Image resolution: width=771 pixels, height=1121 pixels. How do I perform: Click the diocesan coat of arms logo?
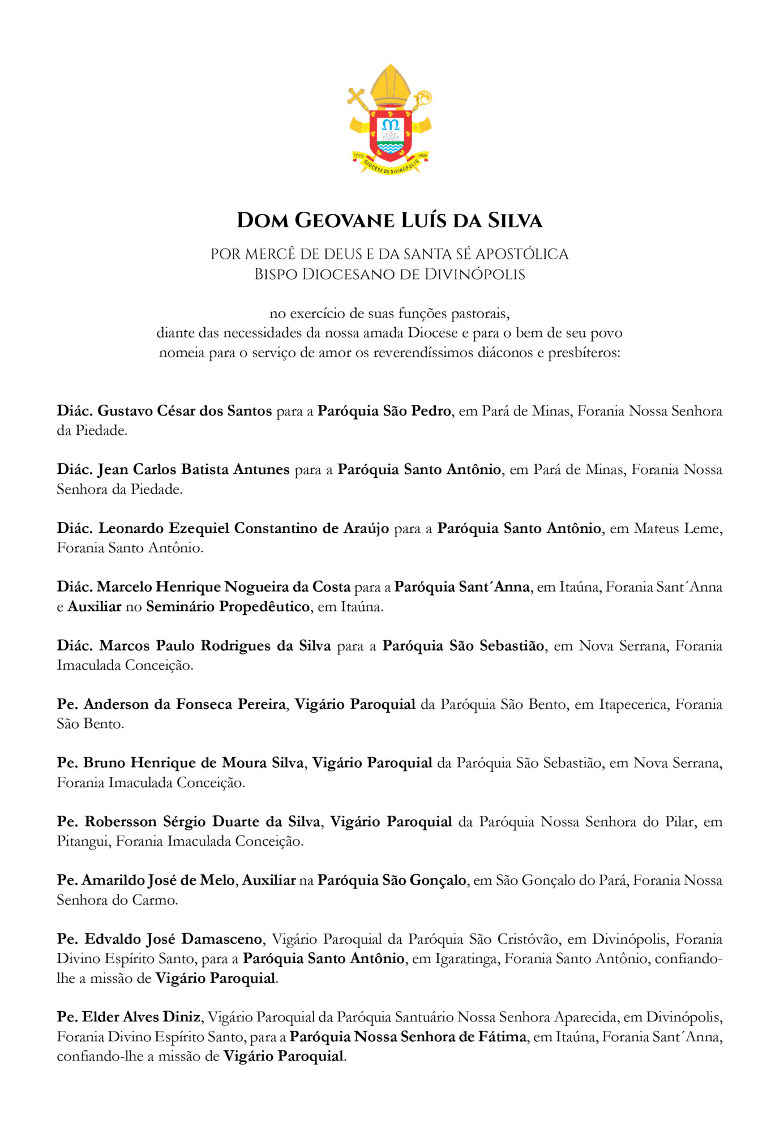tap(389, 120)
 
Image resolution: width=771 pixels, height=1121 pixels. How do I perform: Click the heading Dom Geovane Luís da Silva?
tap(389, 220)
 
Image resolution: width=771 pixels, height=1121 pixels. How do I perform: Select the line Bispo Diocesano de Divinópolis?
tap(389, 275)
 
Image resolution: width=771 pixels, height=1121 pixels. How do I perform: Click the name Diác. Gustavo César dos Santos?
tap(164, 411)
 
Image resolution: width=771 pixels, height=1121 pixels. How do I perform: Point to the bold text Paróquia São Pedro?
tap(384, 411)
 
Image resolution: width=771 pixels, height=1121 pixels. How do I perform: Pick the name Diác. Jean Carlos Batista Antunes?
tap(173, 469)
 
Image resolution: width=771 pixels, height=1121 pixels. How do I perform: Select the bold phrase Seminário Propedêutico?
tap(228, 607)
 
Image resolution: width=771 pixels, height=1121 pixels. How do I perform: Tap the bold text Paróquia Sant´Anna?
tap(462, 587)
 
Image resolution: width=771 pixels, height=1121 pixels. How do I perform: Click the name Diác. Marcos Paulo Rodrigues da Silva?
tap(194, 646)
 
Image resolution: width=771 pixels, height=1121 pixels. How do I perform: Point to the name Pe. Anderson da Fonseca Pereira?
tap(171, 704)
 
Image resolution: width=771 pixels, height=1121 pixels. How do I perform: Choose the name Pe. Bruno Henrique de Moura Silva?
tap(180, 763)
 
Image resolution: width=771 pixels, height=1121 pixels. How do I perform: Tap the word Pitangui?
tap(84, 841)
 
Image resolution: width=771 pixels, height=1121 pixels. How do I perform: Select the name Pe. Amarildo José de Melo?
tap(145, 880)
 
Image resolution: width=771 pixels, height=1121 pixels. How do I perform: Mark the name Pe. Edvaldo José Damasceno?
tap(160, 939)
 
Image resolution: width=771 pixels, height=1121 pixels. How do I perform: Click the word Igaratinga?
tap(465, 959)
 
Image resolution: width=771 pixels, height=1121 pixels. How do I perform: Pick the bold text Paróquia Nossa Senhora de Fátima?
tap(408, 1037)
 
